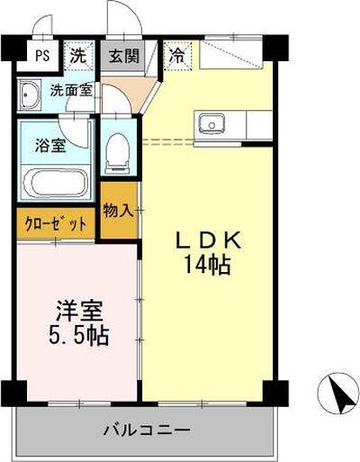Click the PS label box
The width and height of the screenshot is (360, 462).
pyautogui.click(x=42, y=54)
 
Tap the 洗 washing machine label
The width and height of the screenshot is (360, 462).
pyautogui.click(x=79, y=54)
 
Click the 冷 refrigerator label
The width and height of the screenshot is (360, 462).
pyautogui.click(x=178, y=53)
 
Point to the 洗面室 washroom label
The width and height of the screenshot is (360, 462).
pyautogui.click(x=69, y=90)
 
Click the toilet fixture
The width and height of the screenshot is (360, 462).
pyautogui.click(x=117, y=154)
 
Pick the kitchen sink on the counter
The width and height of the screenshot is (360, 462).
pyautogui.click(x=212, y=122)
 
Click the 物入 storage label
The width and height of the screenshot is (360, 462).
pyautogui.click(x=119, y=210)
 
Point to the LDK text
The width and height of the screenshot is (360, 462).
pyautogui.click(x=207, y=240)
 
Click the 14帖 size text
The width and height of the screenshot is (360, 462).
pyautogui.click(x=208, y=266)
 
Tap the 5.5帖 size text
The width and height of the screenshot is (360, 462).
pyautogui.click(x=77, y=337)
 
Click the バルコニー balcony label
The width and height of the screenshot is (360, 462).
pyautogui.click(x=145, y=430)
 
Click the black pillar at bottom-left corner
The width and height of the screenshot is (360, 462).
pyautogui.click(x=13, y=393)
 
